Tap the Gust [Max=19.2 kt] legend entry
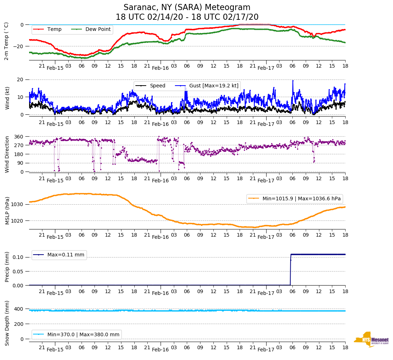click(x=208, y=86)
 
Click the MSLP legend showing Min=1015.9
click(x=295, y=199)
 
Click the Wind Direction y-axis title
click(x=7, y=154)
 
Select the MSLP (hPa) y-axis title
click(x=7, y=210)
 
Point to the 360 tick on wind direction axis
click(x=19, y=137)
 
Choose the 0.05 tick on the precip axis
click(x=19, y=271)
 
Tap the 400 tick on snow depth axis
click(x=19, y=309)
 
